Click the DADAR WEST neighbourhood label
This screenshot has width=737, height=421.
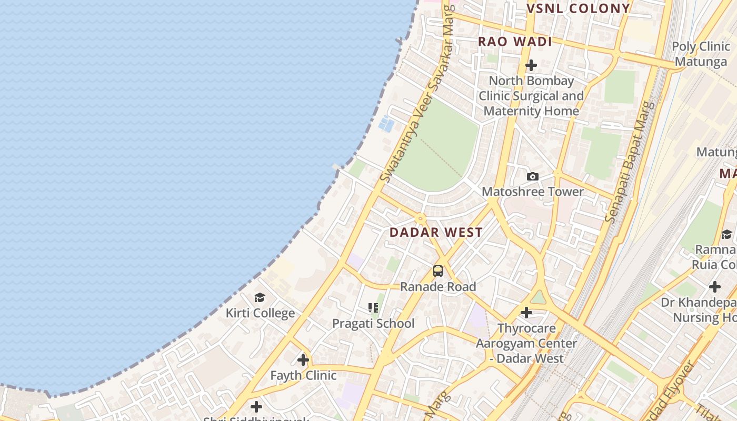point(436,232)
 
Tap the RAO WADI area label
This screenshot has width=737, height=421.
point(514,42)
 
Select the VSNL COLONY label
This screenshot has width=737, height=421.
point(578,8)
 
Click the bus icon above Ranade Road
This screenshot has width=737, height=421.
point(437,271)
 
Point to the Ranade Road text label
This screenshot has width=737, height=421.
point(437,287)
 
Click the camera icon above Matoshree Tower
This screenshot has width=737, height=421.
point(532,176)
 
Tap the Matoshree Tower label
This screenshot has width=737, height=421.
point(532,192)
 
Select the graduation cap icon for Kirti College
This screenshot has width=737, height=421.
point(260,298)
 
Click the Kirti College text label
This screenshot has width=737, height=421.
point(260,313)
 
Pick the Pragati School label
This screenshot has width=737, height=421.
point(373,324)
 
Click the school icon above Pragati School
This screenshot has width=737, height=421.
point(373,308)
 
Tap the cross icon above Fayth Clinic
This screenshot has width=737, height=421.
point(303,360)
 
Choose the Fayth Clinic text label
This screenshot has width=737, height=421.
point(303,375)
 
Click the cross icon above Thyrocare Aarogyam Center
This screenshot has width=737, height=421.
point(526,313)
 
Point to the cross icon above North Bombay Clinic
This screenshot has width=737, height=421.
point(531,65)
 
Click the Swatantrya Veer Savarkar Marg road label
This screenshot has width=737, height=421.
point(418,95)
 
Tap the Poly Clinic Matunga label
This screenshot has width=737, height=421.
point(700,54)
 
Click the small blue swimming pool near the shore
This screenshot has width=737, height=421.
point(386,124)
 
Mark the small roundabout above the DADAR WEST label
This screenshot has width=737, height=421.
point(420,217)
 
